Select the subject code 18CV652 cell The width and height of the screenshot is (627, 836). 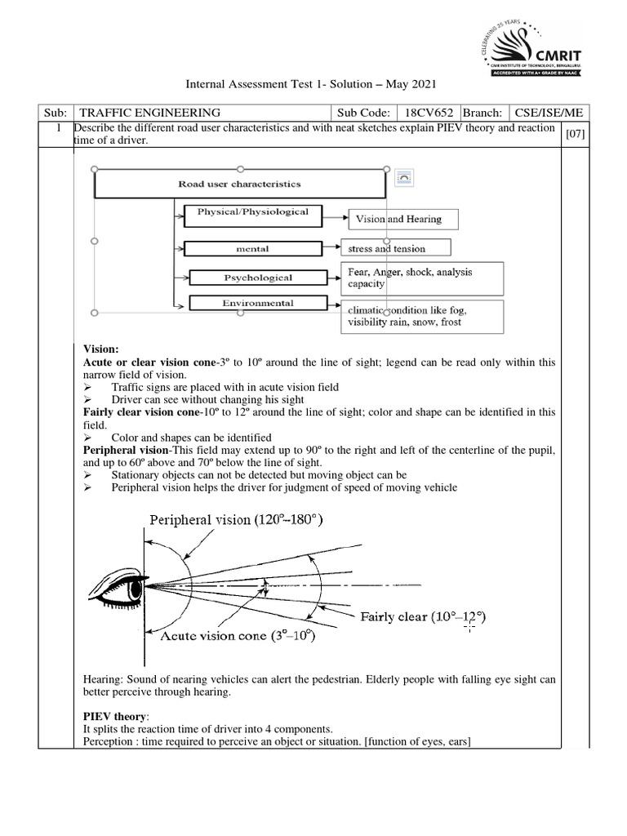point(426,113)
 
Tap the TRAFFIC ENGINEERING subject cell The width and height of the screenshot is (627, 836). point(147,113)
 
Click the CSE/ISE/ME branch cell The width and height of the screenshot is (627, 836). point(546,113)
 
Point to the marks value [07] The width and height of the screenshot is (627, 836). point(575,134)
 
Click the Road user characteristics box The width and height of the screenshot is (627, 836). point(239,185)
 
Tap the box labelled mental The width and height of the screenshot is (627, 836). point(251,248)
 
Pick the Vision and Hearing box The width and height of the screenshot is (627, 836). point(403,219)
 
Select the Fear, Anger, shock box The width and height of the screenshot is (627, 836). point(421,278)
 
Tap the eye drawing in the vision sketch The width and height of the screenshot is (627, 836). point(118,585)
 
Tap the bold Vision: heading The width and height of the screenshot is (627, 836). point(101,348)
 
